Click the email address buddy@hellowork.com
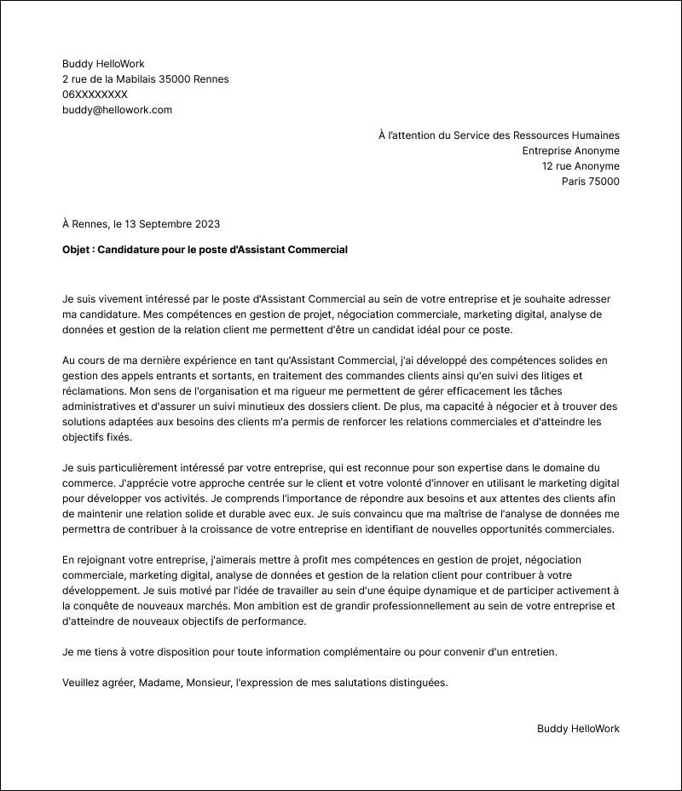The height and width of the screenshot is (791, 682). pos(117,110)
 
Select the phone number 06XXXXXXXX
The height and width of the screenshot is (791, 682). pos(95,95)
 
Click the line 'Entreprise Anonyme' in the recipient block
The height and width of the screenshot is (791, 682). pos(570,151)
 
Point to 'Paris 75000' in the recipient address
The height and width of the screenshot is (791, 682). pos(590,182)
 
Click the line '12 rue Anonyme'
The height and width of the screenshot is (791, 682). pos(581,166)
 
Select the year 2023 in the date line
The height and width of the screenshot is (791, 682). pos(206,224)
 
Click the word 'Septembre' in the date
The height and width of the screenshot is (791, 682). pos(165,224)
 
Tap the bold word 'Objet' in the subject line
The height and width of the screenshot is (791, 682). pos(76,250)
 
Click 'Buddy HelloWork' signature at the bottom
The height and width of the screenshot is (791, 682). pos(578,729)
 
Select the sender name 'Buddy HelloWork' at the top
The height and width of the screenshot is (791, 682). pos(103,64)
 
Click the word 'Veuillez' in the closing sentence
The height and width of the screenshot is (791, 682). pos(82,683)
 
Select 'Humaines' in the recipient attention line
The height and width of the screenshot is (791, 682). pos(598,136)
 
